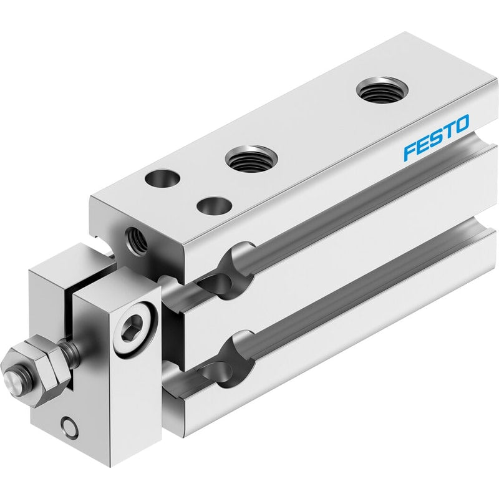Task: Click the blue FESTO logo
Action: [x=436, y=137]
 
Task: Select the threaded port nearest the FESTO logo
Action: [x=382, y=90]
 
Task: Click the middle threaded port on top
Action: [x=251, y=158]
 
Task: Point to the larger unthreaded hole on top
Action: [x=162, y=178]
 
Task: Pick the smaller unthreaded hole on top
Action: [x=215, y=206]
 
